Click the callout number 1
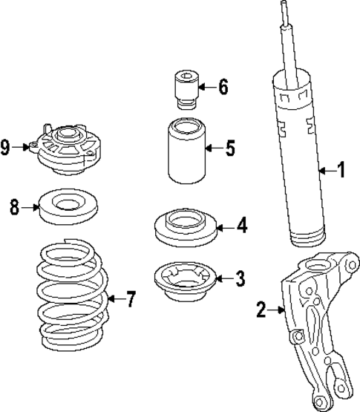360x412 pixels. [341, 171]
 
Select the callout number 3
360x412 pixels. [239, 279]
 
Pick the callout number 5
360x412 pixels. [230, 148]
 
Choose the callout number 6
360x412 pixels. [223, 86]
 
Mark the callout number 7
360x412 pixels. [131, 300]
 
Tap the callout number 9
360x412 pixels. [6, 148]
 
